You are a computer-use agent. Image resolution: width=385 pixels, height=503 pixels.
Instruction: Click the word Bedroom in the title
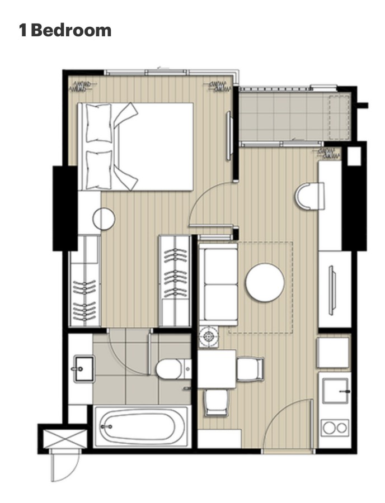pos(71,31)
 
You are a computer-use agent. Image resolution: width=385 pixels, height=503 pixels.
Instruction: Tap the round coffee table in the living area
pos(265,282)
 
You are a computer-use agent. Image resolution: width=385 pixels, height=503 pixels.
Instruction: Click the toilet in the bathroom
pos(173,369)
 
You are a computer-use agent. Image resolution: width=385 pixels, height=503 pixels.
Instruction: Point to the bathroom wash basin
pos(84,369)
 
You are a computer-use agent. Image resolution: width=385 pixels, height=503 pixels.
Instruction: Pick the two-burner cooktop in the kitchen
pos(335,428)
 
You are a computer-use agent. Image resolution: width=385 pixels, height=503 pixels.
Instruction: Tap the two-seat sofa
pos(218,284)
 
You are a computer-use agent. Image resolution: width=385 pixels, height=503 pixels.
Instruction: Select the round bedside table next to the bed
pos(104,219)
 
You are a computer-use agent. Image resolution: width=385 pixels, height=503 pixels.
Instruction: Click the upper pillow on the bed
pos(99,123)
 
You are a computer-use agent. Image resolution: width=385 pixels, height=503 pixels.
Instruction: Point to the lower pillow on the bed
pos(99,170)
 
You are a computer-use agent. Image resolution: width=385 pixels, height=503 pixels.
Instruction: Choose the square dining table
pos(217,369)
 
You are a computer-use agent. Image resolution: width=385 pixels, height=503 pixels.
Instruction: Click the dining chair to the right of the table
pos(251,369)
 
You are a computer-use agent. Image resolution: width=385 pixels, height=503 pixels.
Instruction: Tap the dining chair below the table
pos(217,402)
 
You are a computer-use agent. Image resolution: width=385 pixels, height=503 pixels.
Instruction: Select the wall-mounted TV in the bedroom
pos(229,136)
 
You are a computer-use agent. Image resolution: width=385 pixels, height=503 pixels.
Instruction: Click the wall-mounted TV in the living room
pos(332,290)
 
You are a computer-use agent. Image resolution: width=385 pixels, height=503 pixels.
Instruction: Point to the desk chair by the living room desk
pos(310,196)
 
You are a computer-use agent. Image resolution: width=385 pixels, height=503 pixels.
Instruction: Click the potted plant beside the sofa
pos(208,338)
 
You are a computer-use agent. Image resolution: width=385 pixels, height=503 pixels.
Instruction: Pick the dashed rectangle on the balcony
pos(339,117)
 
